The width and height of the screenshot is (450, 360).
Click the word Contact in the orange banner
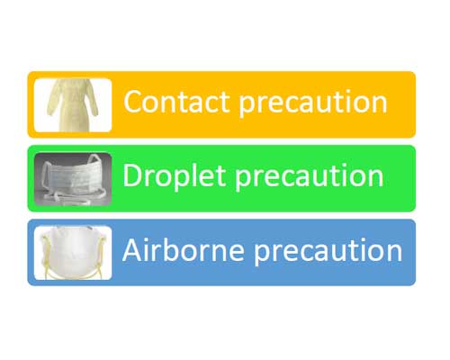pyautogui.click(x=176, y=102)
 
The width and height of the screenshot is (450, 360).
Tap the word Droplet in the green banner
pyautogui.click(x=174, y=175)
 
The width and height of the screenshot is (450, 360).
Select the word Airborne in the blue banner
pyautogui.click(x=184, y=250)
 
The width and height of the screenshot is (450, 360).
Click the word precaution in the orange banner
pyautogui.click(x=313, y=103)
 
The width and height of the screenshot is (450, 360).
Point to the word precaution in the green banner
pyautogui.click(x=310, y=177)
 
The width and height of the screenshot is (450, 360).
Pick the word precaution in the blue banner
pyautogui.click(x=328, y=252)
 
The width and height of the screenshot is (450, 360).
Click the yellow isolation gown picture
pyautogui.click(x=73, y=105)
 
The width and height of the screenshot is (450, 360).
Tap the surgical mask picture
pyautogui.click(x=73, y=179)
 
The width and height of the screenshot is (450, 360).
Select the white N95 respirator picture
pyautogui.click(x=73, y=253)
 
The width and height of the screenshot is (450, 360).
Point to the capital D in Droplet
pyautogui.click(x=132, y=175)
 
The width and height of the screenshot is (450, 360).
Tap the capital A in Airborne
pyautogui.click(x=132, y=250)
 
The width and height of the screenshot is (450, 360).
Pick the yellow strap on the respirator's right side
pyautogui.click(x=101, y=255)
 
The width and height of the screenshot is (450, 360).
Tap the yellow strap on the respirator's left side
pyautogui.click(x=46, y=255)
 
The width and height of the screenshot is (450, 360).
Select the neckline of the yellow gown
pyautogui.click(x=74, y=81)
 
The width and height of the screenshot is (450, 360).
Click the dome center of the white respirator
pyautogui.click(x=73, y=250)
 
